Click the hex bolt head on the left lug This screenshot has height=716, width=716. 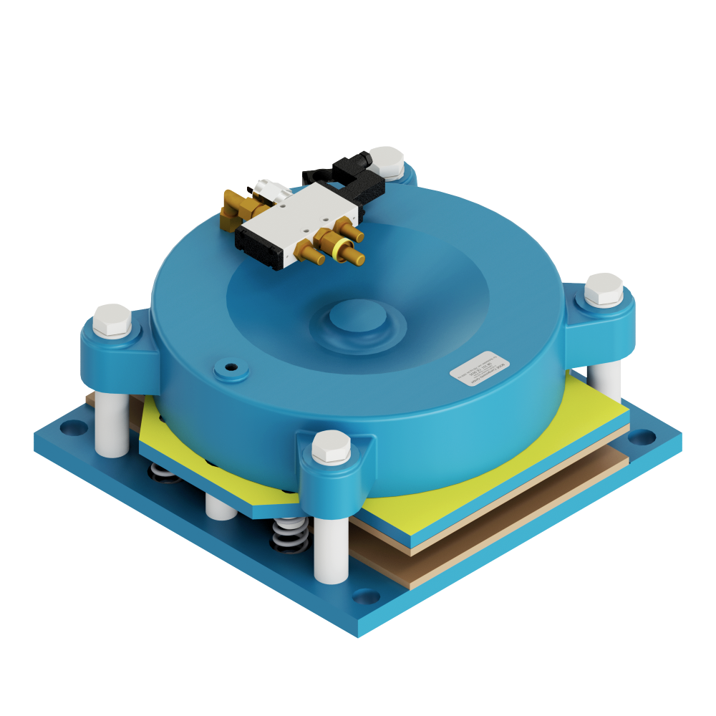coord(112,320)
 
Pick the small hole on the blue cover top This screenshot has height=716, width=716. coord(231,367)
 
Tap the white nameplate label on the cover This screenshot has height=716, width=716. coord(478,367)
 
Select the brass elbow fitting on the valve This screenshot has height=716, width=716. coord(237,209)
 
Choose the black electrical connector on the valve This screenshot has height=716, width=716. coord(358,179)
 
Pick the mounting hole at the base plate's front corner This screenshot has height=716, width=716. coord(366,596)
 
